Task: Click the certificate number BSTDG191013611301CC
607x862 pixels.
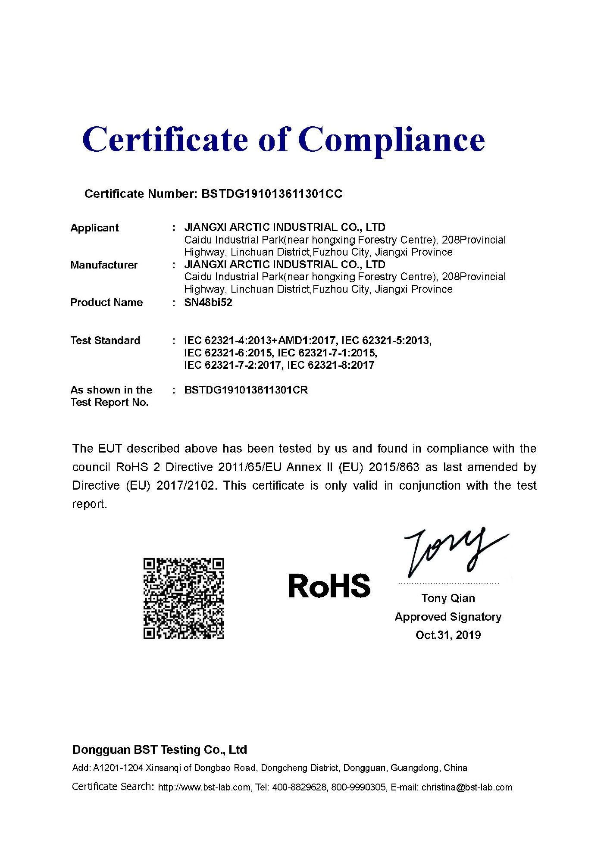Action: tap(272, 194)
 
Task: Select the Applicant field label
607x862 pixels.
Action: tap(94, 228)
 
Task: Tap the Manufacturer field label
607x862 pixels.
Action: tap(104, 265)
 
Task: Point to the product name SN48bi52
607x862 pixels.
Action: tap(208, 303)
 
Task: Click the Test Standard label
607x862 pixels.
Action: tap(105, 340)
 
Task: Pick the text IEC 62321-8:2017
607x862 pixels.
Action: tap(331, 365)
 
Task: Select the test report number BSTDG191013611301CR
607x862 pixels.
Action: tap(246, 390)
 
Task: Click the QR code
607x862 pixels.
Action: tap(184, 598)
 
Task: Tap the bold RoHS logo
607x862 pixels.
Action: tap(329, 586)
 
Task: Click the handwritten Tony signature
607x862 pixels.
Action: tap(453, 552)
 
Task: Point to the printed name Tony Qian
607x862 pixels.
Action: tap(448, 598)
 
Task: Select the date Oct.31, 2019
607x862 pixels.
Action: tap(448, 635)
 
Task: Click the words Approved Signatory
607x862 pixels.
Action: tap(448, 617)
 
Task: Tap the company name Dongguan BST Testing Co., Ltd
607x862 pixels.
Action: tap(160, 750)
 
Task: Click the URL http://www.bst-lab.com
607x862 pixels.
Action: tap(204, 787)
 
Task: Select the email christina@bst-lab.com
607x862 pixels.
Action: tap(467, 787)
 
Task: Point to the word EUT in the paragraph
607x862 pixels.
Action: tap(110, 449)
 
